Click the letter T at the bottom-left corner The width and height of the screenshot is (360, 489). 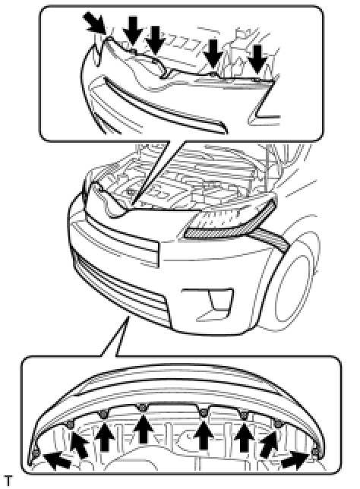coord(8,481)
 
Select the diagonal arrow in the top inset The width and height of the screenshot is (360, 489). coord(95,23)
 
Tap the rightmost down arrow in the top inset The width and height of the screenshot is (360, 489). coord(257,59)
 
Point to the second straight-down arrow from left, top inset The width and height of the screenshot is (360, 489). coord(154,40)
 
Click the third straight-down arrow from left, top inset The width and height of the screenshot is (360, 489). coord(213,54)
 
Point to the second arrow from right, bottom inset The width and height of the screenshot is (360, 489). coord(269,443)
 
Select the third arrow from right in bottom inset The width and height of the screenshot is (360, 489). coord(245,435)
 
